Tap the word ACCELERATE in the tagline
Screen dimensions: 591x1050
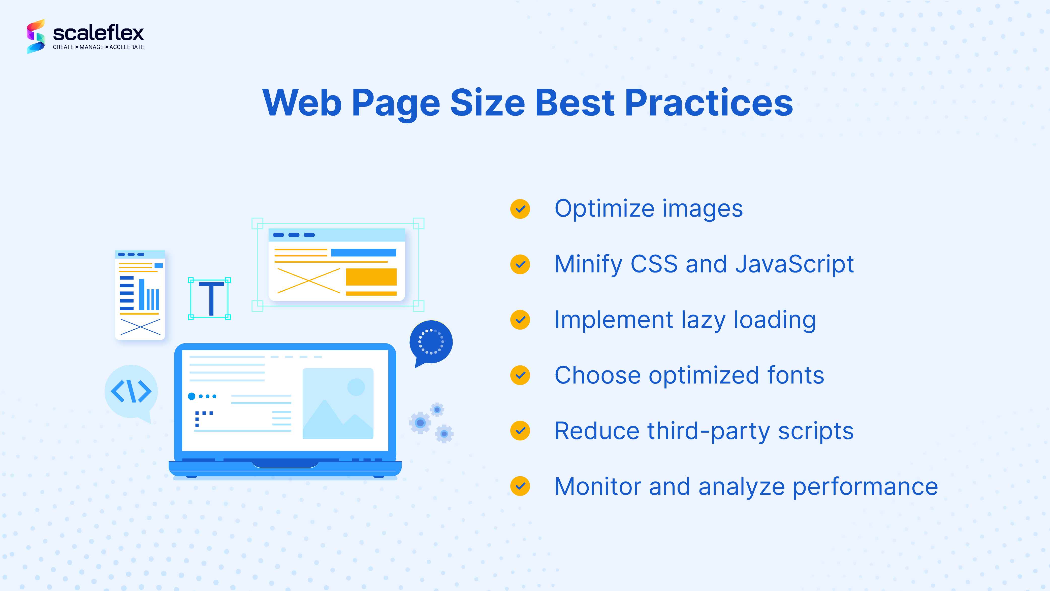(x=127, y=47)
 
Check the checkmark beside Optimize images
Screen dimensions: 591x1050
(x=520, y=209)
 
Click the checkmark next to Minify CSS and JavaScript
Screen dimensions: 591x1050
(x=520, y=264)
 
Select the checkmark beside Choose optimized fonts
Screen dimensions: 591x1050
(x=520, y=375)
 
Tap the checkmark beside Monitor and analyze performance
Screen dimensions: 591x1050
(x=520, y=486)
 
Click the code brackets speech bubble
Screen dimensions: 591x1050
(x=131, y=392)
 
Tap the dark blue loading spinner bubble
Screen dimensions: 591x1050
(x=431, y=341)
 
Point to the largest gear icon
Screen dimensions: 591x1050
(x=420, y=423)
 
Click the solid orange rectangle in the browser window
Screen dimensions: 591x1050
(x=371, y=277)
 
